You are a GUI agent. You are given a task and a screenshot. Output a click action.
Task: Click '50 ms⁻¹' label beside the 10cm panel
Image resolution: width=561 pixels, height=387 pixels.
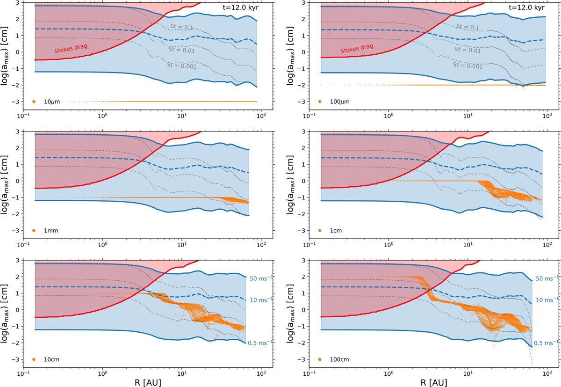click(262, 278)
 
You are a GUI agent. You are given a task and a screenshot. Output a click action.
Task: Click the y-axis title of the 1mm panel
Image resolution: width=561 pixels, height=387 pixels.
click(8, 183)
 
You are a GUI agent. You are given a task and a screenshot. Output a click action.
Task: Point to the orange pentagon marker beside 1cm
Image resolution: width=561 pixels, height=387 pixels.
click(320, 231)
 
